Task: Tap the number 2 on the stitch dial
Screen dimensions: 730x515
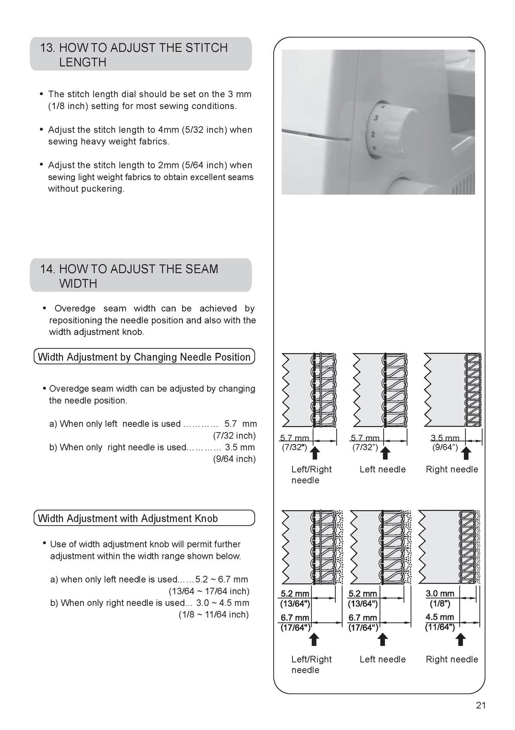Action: (373, 134)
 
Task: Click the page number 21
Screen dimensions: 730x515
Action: (481, 705)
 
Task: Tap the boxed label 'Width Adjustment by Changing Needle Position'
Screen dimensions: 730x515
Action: (144, 357)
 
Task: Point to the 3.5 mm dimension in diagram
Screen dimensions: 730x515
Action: (445, 438)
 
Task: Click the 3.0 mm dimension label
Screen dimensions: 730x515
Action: (440, 594)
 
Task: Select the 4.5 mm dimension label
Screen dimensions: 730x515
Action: (440, 617)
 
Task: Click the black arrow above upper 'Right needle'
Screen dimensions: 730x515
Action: (466, 453)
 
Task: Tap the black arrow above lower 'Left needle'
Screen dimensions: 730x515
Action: (383, 640)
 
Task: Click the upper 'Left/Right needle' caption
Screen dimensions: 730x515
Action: (311, 474)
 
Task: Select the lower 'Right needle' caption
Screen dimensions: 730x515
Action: (452, 659)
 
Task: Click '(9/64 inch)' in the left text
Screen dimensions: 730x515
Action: (234, 459)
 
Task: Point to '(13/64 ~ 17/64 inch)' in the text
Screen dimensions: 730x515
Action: (209, 591)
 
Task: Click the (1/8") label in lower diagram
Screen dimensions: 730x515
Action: (440, 604)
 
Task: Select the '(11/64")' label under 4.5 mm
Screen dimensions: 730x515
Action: (440, 627)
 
